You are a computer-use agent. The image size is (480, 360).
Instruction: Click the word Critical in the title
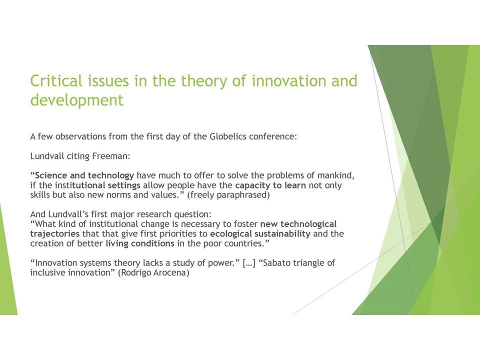pos(56,81)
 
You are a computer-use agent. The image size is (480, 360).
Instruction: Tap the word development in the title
pos(77,100)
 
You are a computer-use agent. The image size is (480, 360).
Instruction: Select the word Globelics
pos(228,136)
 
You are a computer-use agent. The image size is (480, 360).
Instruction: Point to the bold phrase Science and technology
pos(84,175)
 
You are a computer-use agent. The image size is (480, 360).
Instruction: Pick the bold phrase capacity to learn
pos(270,185)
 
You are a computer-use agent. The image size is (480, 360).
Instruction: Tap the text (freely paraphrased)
pos(228,195)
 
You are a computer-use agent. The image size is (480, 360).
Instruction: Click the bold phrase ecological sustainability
pos(260,234)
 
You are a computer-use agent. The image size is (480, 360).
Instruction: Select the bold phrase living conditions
pos(140,243)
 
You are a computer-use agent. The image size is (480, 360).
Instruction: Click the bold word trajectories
pos(55,234)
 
